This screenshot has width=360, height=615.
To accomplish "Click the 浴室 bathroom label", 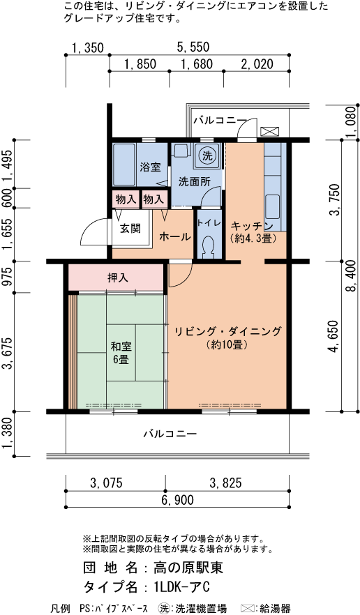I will click(x=150, y=167).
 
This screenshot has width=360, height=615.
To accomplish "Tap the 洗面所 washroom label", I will click(x=195, y=182).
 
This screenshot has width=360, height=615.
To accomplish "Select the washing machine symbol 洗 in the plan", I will click(x=207, y=155).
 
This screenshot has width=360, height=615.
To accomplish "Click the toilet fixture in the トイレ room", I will click(x=208, y=245).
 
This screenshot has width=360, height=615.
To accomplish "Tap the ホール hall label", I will click(x=175, y=237).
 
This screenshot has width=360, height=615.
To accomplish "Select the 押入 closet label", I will click(x=118, y=278).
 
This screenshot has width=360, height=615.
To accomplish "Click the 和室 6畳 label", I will click(x=120, y=353).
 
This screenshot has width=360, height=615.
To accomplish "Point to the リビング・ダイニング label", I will click(x=228, y=332).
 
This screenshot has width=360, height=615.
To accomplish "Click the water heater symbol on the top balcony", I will click(x=269, y=131).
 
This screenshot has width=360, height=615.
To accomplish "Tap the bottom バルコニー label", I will click(x=170, y=434).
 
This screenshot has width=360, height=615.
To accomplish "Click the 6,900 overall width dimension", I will click(x=178, y=500).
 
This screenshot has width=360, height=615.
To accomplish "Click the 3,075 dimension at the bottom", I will click(x=107, y=483).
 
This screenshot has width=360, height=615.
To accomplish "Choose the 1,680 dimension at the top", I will click(x=196, y=65).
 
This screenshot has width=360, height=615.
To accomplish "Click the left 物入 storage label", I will click(x=126, y=199).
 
